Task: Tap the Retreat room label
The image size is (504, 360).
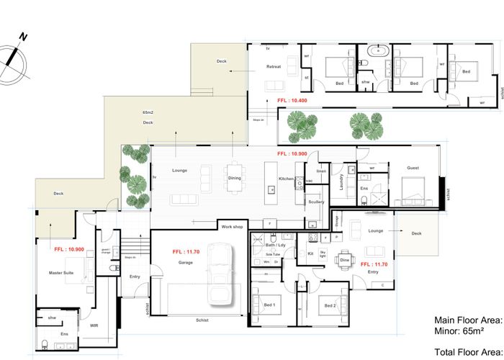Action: pyautogui.click(x=274, y=66)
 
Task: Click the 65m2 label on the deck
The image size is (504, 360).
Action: pyautogui.click(x=148, y=114)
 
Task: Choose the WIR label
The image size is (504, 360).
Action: pyautogui.click(x=94, y=325)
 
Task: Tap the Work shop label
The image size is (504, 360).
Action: pyautogui.click(x=233, y=227)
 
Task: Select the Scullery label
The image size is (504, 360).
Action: pyautogui.click(x=316, y=202)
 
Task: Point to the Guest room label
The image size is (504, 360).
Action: pyautogui.click(x=413, y=168)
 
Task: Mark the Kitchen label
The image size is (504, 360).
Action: pyautogui.click(x=287, y=178)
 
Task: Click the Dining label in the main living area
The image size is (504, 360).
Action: pyautogui.click(x=235, y=178)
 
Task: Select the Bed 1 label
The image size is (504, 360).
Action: pyautogui.click(x=269, y=306)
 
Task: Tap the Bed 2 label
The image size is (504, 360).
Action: pyautogui.click(x=330, y=306)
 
